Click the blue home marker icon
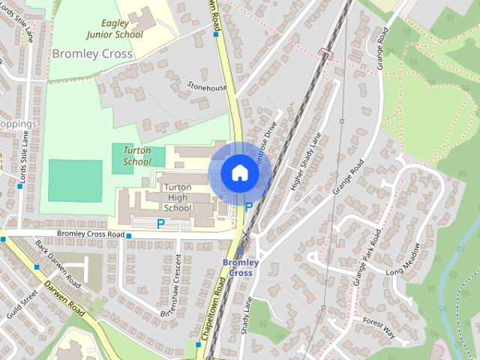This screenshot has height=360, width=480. click(239, 173)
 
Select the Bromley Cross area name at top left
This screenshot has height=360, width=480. click(92, 54)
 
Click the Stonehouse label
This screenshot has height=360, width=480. click(207, 88)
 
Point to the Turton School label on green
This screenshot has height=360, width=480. click(137, 156)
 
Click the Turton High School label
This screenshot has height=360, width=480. click(178, 197)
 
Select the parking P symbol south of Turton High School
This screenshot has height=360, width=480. click(160, 223)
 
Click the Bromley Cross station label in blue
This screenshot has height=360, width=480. click(241, 268)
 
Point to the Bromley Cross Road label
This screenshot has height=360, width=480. click(90, 234)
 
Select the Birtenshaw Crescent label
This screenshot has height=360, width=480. click(172, 284)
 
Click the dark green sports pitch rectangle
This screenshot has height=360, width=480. click(75, 180)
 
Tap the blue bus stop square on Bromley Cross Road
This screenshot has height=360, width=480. click(129, 236)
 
